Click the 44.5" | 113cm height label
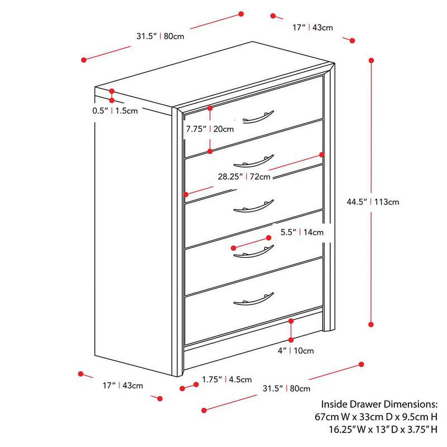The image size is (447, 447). [x=373, y=202]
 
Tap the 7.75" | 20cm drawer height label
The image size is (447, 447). [x=210, y=129]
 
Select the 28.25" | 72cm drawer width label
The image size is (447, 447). [x=244, y=177]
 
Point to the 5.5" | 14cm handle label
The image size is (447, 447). [x=302, y=232]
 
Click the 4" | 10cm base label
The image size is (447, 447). [x=296, y=351]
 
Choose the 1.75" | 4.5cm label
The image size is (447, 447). [x=227, y=379]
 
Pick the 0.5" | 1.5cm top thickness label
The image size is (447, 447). [x=115, y=111]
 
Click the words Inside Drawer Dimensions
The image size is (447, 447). [x=379, y=404]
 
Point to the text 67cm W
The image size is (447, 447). [x=332, y=417]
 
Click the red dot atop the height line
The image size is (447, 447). [x=371, y=60]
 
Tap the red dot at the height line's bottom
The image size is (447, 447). [x=371, y=324]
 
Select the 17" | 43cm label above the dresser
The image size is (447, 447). [x=312, y=28]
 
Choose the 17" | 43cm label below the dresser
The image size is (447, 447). [x=123, y=386]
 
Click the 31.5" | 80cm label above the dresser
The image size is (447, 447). [x=160, y=36]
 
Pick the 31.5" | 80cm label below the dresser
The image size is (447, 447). [x=286, y=389]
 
